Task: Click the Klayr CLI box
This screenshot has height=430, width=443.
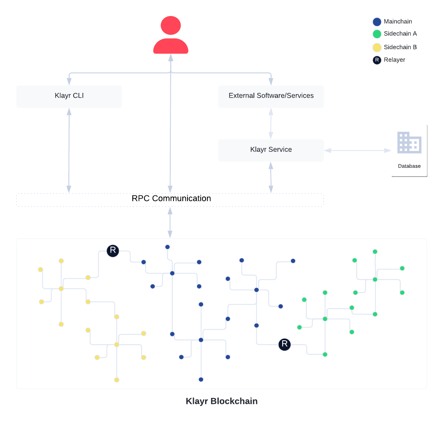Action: click(69, 96)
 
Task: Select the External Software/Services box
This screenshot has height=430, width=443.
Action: click(271, 96)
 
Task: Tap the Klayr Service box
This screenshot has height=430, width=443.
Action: click(271, 150)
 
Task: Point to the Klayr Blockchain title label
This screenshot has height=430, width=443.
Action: click(221, 402)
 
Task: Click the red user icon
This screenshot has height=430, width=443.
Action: click(171, 35)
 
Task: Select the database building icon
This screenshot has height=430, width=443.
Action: click(409, 143)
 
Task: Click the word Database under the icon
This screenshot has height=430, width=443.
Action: click(409, 166)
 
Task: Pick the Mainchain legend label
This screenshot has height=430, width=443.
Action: click(404, 22)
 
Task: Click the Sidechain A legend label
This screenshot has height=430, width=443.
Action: click(404, 34)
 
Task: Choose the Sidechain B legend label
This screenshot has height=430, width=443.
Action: click(404, 47)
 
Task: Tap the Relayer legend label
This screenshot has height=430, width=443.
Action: click(404, 60)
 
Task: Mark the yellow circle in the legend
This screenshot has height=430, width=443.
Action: click(377, 48)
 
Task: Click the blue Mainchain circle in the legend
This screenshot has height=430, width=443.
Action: click(377, 22)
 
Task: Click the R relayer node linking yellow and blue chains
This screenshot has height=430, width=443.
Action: click(113, 251)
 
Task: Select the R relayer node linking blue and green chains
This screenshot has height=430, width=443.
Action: click(284, 344)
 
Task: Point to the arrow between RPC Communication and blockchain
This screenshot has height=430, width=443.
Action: click(170, 223)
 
